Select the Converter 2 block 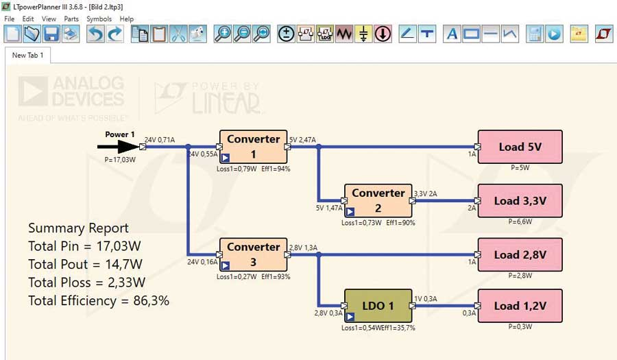pyautogui.click(x=378, y=200)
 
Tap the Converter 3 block pyautogui.click(x=253, y=254)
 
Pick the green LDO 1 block pyautogui.click(x=378, y=306)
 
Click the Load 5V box pyautogui.click(x=520, y=147)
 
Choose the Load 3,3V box pyautogui.click(x=520, y=201)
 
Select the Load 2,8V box pyautogui.click(x=520, y=254)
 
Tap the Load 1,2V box pyautogui.click(x=520, y=306)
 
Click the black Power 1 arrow pyautogui.click(x=121, y=146)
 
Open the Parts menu pyautogui.click(x=71, y=19)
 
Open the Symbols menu pyautogui.click(x=99, y=19)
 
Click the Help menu pyautogui.click(x=127, y=19)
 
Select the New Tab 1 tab pyautogui.click(x=28, y=55)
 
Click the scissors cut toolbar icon pyautogui.click(x=178, y=34)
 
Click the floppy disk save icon pyautogui.click(x=51, y=34)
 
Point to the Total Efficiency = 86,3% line pyautogui.click(x=99, y=300)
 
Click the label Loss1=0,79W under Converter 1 pyautogui.click(x=237, y=169)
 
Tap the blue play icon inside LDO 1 pyautogui.click(x=350, y=317)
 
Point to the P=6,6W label pyautogui.click(x=519, y=222)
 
